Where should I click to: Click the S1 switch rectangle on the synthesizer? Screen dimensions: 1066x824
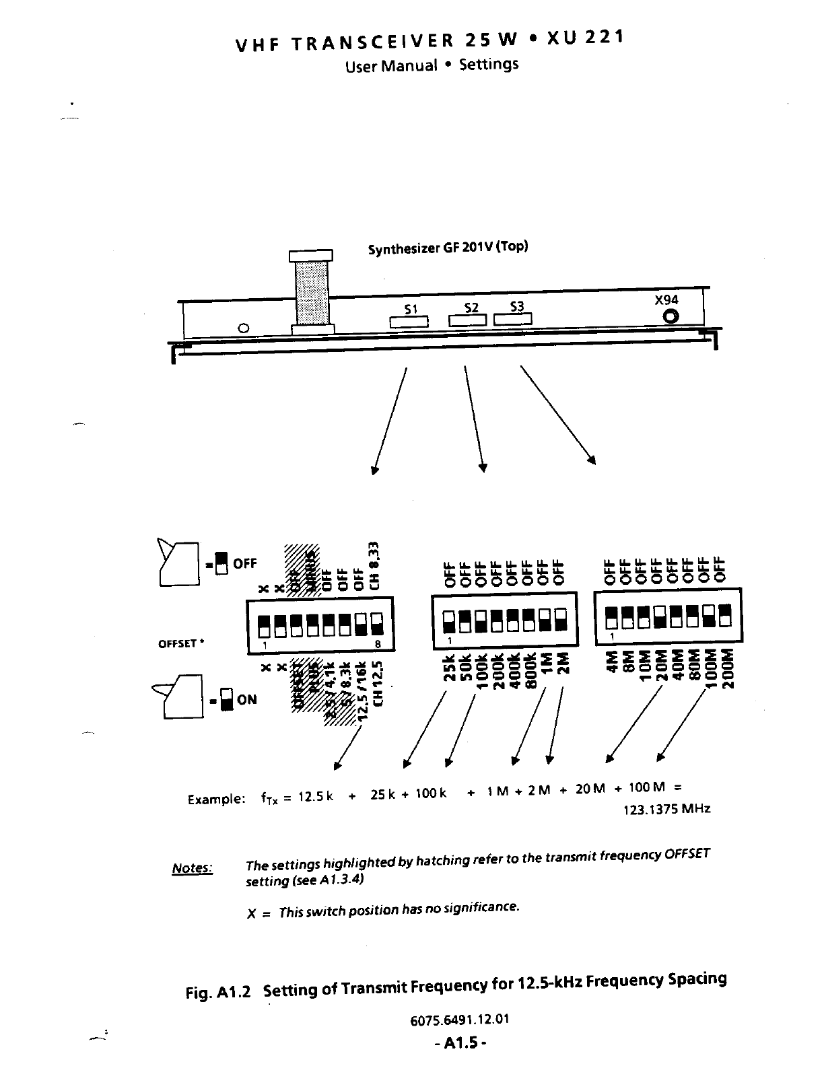click(409, 322)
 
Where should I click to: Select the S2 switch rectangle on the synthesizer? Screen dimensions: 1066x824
click(467, 320)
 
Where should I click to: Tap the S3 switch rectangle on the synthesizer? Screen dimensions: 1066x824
click(513, 319)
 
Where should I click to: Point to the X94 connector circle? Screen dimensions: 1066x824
click(671, 316)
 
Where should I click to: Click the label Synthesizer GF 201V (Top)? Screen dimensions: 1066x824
click(448, 248)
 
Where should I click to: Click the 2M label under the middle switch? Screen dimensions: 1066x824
click(564, 663)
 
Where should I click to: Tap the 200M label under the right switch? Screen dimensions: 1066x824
click(727, 668)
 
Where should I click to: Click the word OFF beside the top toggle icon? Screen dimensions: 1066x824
click(245, 563)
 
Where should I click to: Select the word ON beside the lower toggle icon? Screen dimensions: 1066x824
click(247, 699)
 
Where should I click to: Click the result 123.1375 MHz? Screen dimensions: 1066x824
click(667, 809)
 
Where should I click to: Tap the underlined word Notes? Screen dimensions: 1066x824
click(193, 868)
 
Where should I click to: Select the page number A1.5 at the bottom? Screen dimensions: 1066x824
click(460, 1043)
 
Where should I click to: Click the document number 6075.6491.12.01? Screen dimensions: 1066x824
click(460, 1019)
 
